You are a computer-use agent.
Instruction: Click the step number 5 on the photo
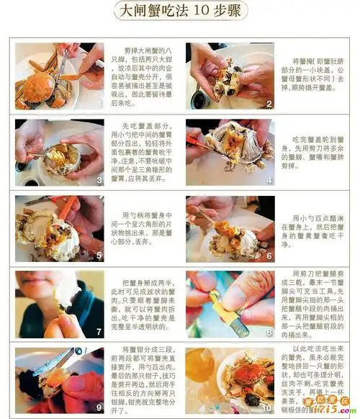click(98, 256)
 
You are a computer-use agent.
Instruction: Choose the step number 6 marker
click(269, 256)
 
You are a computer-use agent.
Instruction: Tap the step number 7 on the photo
click(98, 332)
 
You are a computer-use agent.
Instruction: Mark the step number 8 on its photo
click(269, 332)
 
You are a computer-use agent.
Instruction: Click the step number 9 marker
click(98, 407)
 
